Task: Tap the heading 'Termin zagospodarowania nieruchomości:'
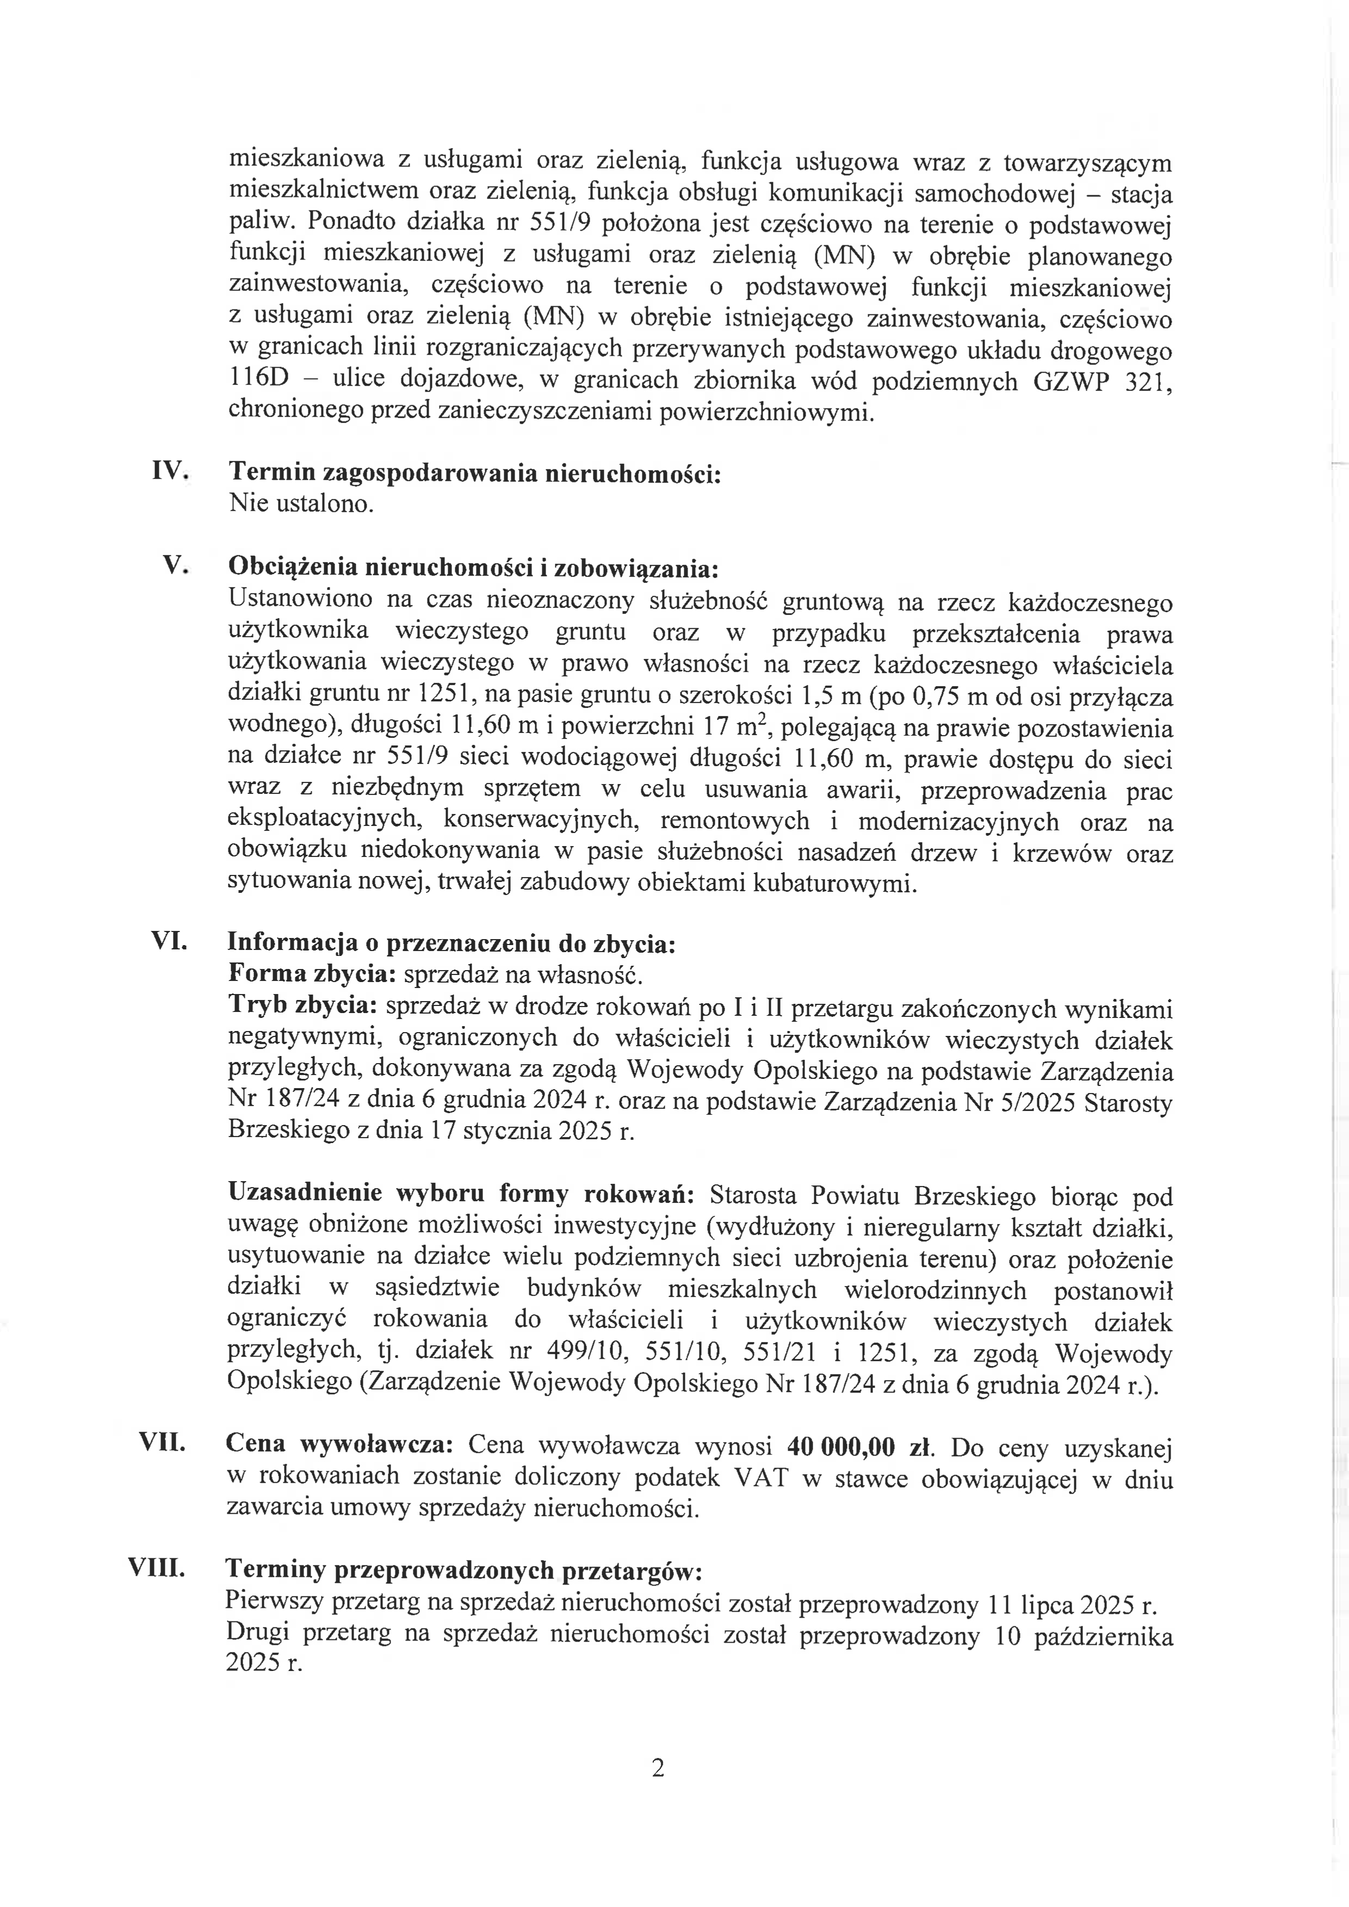(474, 473)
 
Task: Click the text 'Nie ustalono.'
(301, 504)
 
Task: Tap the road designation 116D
(258, 380)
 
